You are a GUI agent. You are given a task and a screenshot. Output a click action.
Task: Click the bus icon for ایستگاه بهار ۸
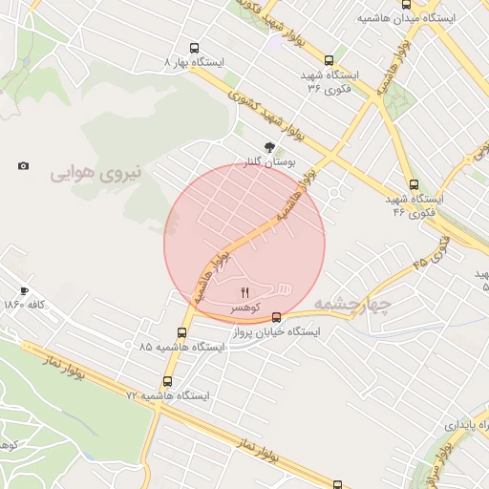tap(195, 48)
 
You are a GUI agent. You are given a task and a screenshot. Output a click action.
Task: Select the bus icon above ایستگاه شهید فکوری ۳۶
tap(330, 59)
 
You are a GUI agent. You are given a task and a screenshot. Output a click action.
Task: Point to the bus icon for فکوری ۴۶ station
tap(414, 184)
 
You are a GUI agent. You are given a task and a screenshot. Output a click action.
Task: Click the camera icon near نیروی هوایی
tap(23, 166)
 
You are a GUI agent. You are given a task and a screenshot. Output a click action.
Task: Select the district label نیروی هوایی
tap(95, 173)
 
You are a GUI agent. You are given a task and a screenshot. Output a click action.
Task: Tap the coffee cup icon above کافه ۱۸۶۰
tap(24, 290)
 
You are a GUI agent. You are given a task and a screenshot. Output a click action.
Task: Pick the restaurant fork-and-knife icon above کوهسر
tap(244, 292)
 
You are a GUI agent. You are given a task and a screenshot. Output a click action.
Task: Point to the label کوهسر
tap(244, 308)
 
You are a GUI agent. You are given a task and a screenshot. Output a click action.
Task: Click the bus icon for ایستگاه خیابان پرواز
tap(276, 317)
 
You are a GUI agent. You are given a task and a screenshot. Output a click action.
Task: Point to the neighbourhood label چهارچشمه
tap(353, 305)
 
